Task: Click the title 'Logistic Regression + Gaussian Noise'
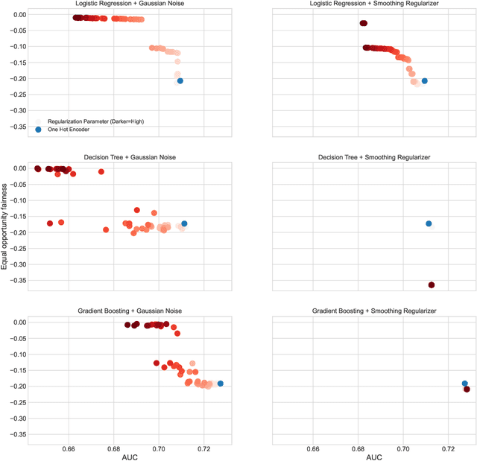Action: tap(131, 4)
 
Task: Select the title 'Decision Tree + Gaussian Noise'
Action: tap(131, 158)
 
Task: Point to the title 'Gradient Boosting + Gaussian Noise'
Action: tap(131, 311)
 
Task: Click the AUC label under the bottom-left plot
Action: tap(131, 456)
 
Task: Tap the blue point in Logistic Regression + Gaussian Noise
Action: tap(180, 80)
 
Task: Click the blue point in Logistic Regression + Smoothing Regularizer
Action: tap(424, 80)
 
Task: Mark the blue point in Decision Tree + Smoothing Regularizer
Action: tap(429, 223)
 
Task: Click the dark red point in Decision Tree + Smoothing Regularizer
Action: tap(431, 285)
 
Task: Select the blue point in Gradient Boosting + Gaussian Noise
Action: tap(220, 384)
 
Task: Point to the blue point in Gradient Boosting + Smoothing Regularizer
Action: tap(464, 384)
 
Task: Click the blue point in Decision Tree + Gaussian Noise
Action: tap(184, 223)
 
